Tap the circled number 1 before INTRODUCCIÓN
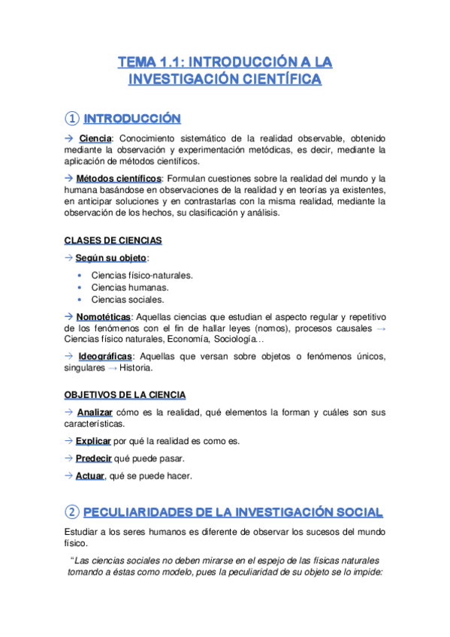pyautogui.click(x=71, y=119)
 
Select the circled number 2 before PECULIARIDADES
pyautogui.click(x=71, y=512)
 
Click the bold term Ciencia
pyautogui.click(x=95, y=138)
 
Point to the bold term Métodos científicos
pyautogui.click(x=119, y=179)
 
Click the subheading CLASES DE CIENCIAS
pyautogui.click(x=113, y=240)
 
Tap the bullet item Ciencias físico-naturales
pyautogui.click(x=142, y=275)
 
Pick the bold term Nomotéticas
pyautogui.click(x=104, y=317)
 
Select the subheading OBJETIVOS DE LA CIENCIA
pyautogui.click(x=125, y=395)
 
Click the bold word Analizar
pyautogui.click(x=95, y=412)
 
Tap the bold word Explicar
pyautogui.click(x=93, y=441)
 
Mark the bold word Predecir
pyautogui.click(x=94, y=458)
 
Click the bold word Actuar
pyautogui.click(x=90, y=475)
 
